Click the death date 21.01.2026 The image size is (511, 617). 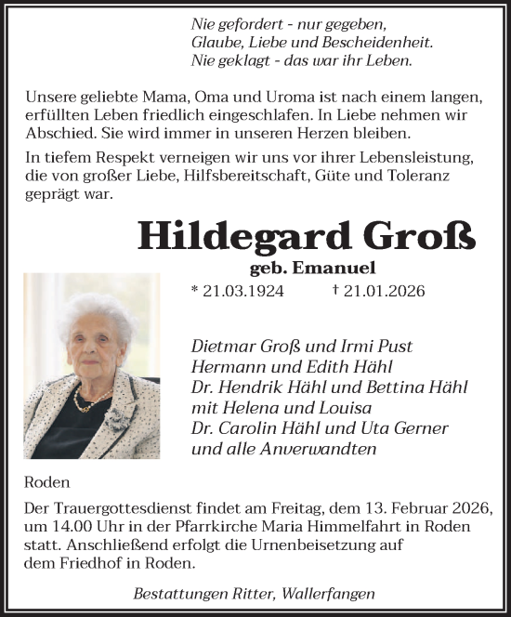coord(383,291)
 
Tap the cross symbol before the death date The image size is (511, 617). coord(334,290)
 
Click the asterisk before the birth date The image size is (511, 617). coord(194,291)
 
